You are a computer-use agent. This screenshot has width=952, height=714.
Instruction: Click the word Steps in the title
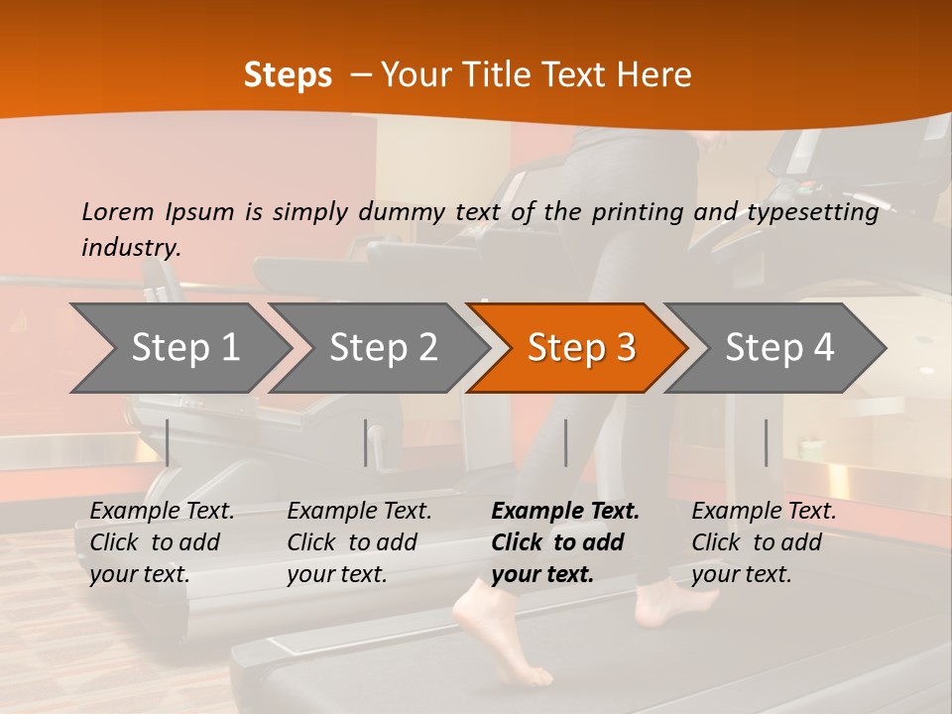pyautogui.click(x=288, y=75)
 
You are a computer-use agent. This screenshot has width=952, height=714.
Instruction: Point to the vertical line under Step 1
pyautogui.click(x=168, y=442)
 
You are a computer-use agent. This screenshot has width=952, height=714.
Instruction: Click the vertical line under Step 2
pyautogui.click(x=366, y=442)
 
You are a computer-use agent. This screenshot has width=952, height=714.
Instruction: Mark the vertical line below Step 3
pyautogui.click(x=565, y=442)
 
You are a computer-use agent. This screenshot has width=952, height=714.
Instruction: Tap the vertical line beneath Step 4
pyautogui.click(x=766, y=442)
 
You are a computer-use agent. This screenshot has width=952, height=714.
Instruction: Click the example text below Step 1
pyautogui.click(x=162, y=542)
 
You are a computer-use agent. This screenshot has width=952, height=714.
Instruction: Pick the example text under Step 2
pyautogui.click(x=359, y=542)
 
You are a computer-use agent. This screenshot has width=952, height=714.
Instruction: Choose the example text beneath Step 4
pyautogui.click(x=764, y=542)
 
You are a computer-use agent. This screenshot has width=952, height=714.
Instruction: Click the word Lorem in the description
pyautogui.click(x=118, y=212)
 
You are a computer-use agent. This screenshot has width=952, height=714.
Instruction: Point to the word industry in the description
pyautogui.click(x=130, y=248)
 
